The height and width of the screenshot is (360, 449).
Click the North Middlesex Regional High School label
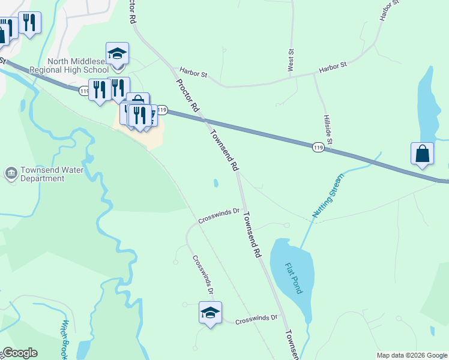click(84, 65)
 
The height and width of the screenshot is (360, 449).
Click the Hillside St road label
click(328, 128)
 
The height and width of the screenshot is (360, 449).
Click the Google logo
click(19, 353)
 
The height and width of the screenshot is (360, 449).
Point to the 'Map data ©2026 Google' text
click(412, 355)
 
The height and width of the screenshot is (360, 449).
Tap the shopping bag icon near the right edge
click(423, 153)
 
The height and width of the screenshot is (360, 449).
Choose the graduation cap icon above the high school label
click(117, 53)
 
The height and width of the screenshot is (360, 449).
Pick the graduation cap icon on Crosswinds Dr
click(210, 312)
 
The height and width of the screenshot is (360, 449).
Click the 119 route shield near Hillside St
click(319, 147)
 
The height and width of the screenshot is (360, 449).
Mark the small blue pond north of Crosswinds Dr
click(215, 183)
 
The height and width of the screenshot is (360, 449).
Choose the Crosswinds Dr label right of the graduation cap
click(256, 319)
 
